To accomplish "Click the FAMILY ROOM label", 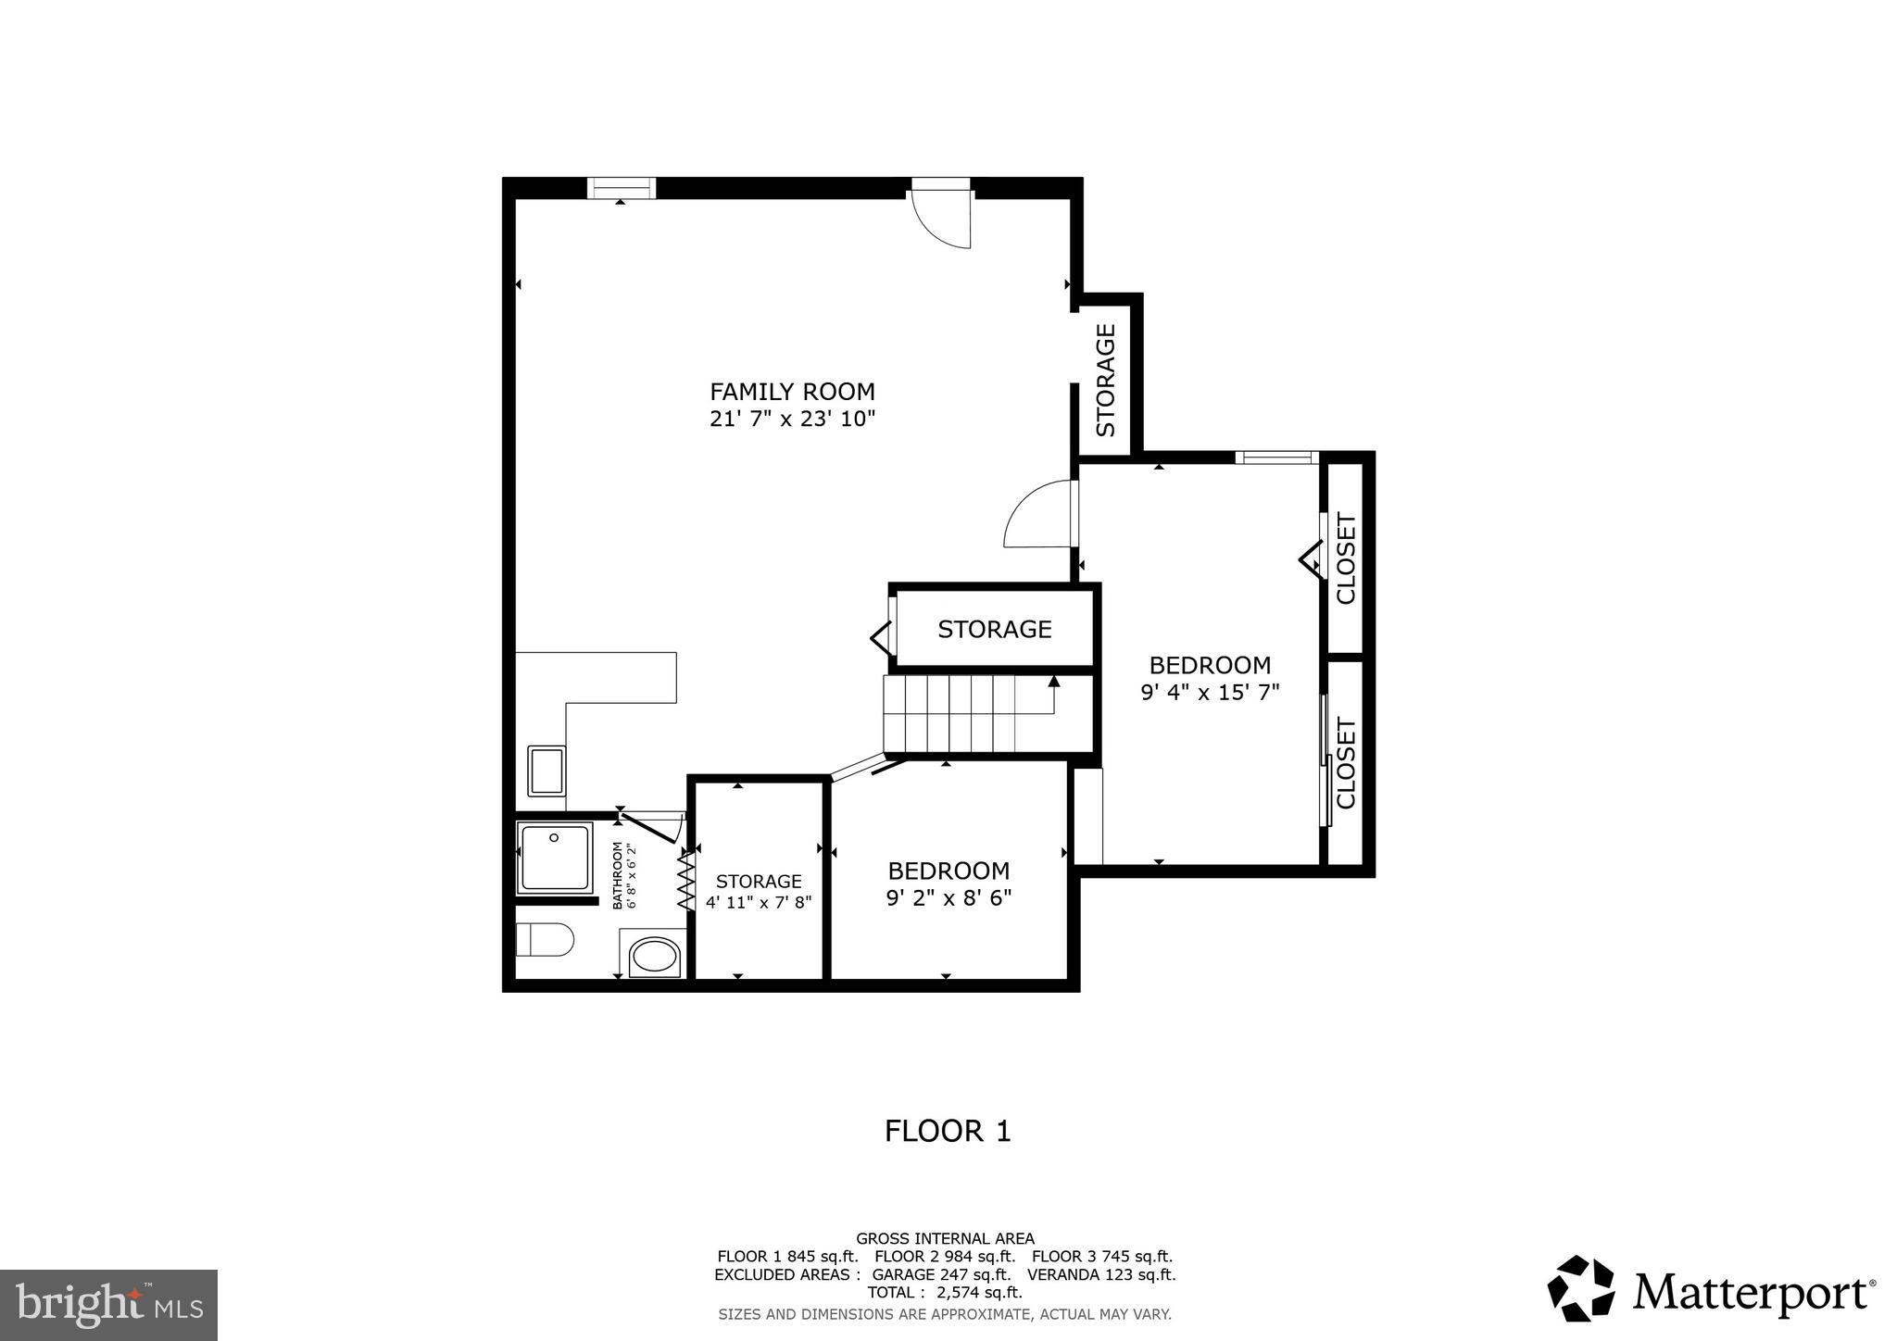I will (792, 391).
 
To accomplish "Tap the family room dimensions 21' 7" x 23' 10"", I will (792, 419).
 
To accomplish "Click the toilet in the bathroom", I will (544, 940).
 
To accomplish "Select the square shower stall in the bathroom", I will (554, 857).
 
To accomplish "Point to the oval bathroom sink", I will (655, 956).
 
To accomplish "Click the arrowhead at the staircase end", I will (1053, 682).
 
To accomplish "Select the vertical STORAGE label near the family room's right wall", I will (1106, 380).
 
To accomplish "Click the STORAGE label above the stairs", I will (994, 630).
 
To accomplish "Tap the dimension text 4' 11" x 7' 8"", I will (759, 902).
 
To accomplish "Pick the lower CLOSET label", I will (1346, 762).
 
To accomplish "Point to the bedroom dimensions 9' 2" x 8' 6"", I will (948, 897).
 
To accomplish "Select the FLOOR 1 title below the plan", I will (948, 1131).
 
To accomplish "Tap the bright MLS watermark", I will (108, 1306).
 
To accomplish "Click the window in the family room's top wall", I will (622, 188).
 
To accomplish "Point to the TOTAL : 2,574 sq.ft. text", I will (944, 1292).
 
